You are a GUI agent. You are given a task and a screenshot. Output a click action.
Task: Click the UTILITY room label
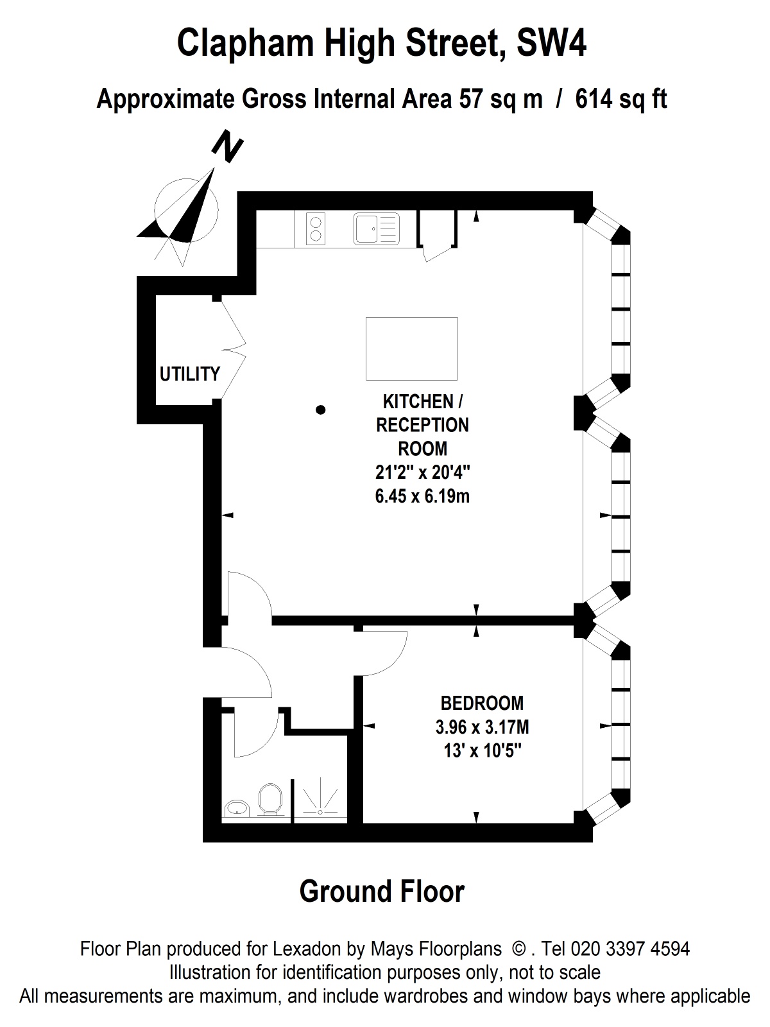pos(190,374)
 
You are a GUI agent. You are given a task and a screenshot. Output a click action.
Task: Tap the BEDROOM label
pos(482,703)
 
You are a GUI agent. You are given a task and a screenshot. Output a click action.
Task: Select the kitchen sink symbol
pos(377,229)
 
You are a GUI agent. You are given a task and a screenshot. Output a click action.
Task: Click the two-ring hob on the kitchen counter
pos(316,229)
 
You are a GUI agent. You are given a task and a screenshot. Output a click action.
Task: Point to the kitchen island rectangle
pos(411,349)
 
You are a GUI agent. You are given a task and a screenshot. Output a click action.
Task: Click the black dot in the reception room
pos(320,410)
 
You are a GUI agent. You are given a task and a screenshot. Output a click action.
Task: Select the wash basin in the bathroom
pos(238,808)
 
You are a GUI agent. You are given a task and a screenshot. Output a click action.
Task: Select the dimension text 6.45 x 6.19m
pos(422,496)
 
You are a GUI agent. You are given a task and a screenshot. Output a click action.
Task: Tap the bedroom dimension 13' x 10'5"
pos(482,751)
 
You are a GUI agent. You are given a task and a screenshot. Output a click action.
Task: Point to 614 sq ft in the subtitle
pos(621,99)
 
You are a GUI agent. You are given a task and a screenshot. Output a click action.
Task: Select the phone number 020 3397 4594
pos(629,949)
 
